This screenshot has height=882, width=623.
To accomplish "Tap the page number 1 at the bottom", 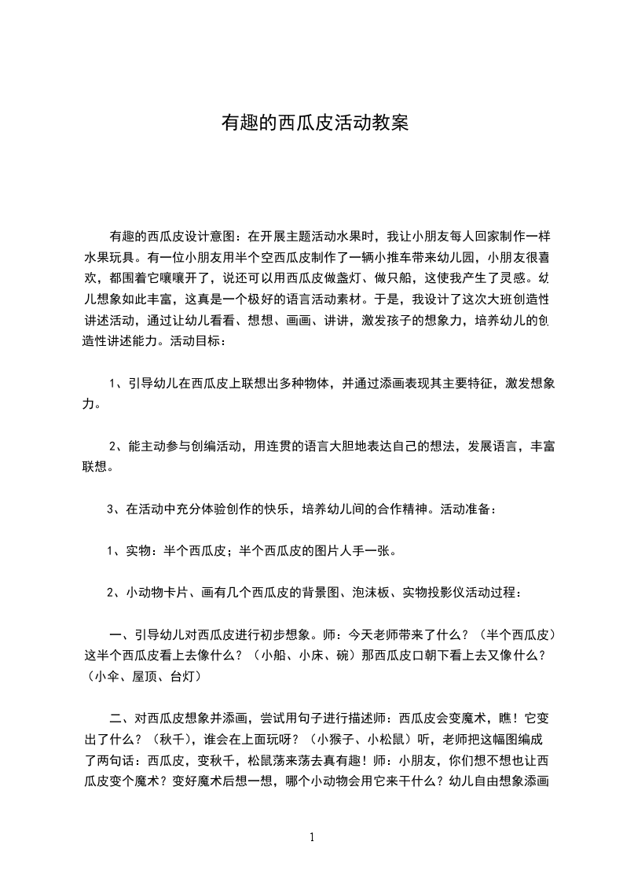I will [312, 837].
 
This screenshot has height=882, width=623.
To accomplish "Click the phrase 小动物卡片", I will [155, 592].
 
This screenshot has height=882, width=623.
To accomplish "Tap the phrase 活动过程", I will [500, 592].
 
